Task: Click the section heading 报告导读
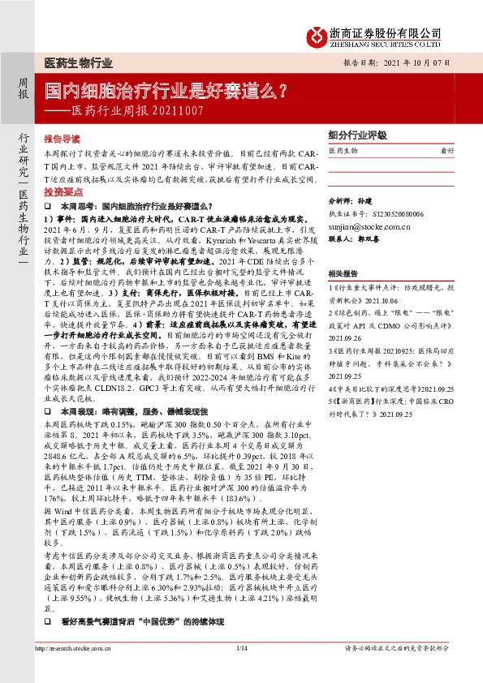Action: click(62, 140)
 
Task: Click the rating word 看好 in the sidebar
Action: click(446, 151)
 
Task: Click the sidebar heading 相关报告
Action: click(343, 274)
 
